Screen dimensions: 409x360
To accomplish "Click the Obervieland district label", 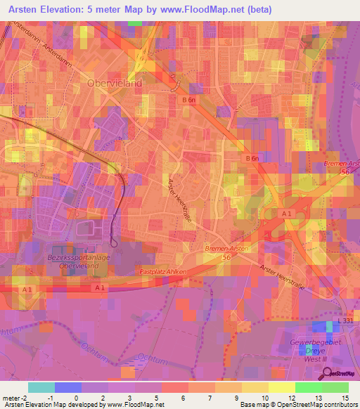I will point(115,82).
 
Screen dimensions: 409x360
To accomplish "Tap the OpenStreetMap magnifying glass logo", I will point(327,375).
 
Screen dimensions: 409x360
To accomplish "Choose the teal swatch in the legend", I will point(41,387).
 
